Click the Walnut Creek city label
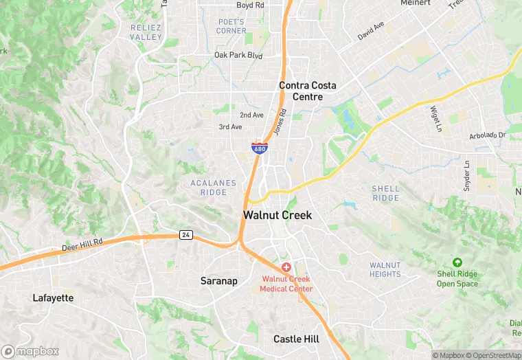[277, 215]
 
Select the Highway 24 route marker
[185, 235]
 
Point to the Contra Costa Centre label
[308, 91]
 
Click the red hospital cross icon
[286, 267]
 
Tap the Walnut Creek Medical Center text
[286, 284]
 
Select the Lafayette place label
[53, 298]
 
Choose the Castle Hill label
[296, 339]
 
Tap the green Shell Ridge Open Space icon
[457, 262]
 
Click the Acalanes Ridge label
[214, 188]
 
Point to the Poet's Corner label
[231, 26]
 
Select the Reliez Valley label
[146, 32]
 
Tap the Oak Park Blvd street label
[238, 55]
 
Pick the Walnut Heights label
[385, 269]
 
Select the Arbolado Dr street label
[487, 135]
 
